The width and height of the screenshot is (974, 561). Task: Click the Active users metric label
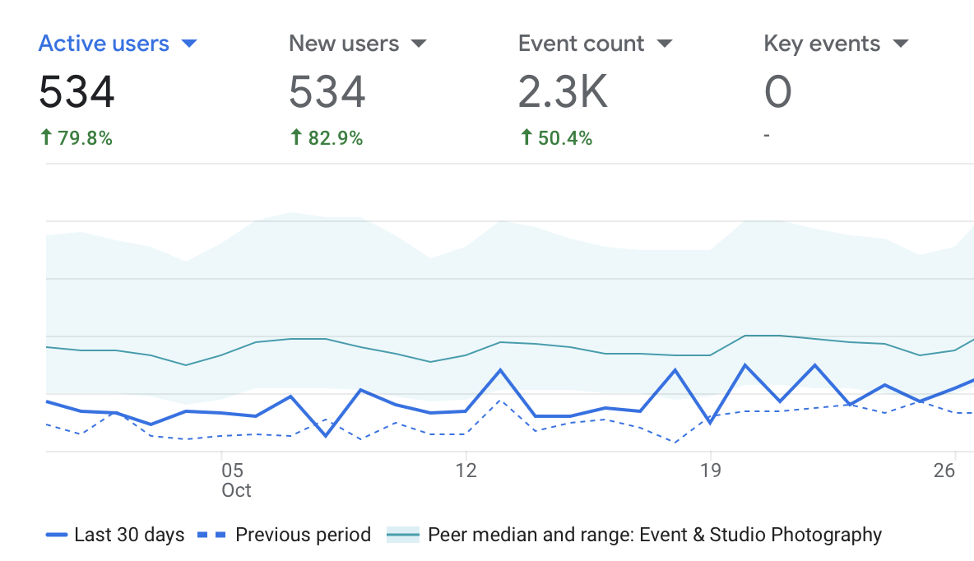(x=104, y=44)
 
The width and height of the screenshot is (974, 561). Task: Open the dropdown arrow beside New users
(x=419, y=44)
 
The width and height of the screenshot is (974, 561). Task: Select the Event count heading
(x=581, y=44)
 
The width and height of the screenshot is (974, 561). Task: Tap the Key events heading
(x=822, y=44)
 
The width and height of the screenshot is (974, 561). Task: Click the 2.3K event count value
(x=563, y=91)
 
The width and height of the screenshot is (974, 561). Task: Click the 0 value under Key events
(x=777, y=91)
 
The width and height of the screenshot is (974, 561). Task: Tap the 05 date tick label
(x=233, y=471)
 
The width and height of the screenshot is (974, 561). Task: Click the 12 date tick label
(x=466, y=471)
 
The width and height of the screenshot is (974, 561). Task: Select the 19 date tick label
(x=710, y=471)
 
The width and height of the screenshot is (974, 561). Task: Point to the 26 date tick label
(x=944, y=471)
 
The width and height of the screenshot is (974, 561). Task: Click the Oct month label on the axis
(x=236, y=490)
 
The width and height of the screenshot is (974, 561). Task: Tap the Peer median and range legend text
(x=654, y=535)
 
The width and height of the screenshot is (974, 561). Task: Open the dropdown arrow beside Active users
(x=189, y=44)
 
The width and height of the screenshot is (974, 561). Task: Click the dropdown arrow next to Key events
(x=900, y=44)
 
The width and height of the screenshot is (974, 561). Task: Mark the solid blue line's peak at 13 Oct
(x=500, y=370)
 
